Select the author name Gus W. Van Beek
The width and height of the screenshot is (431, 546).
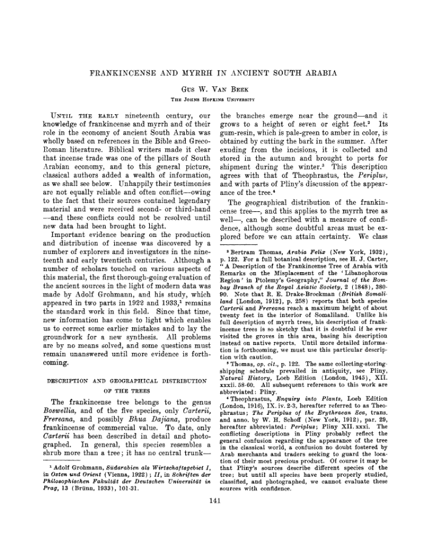[215, 88]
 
